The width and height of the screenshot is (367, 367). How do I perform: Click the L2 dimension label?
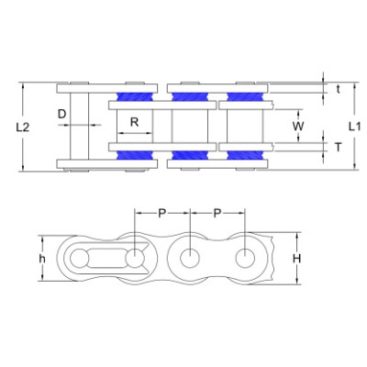23,128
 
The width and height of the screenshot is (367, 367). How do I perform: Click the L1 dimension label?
355,126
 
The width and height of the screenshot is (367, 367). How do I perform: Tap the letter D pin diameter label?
62,114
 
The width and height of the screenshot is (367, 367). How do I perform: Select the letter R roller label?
135,122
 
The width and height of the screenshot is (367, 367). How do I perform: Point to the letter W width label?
298,126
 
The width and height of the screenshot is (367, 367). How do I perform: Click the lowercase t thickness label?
338,89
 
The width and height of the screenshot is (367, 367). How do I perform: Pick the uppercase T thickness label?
338,148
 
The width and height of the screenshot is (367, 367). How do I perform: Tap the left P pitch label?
161,213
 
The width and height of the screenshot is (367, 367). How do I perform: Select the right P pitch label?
217,213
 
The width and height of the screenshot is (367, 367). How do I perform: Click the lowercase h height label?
42,259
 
